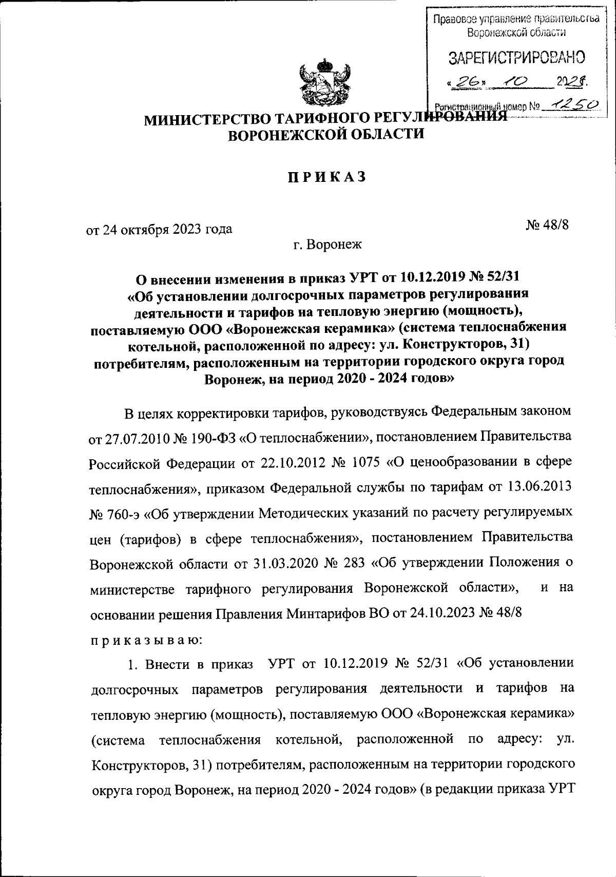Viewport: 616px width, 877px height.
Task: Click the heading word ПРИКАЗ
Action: coord(326,177)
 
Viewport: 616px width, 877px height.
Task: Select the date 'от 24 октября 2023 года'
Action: coord(159,229)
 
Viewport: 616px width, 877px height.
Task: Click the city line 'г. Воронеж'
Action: coord(328,245)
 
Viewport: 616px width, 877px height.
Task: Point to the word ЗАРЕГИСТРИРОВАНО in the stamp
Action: coord(517,57)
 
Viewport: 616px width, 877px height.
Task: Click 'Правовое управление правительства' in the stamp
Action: coord(516,20)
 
